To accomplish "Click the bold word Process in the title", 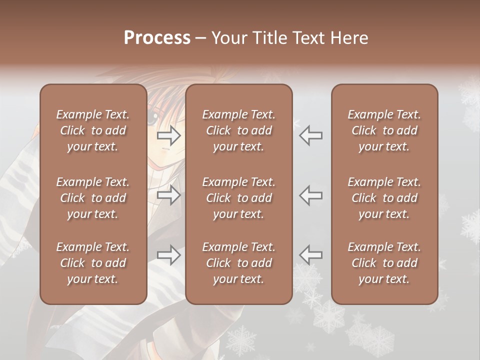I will tap(157, 38).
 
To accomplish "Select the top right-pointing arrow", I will tap(169, 135).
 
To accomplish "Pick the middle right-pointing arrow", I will tap(169, 195).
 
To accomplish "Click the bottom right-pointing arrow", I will tap(169, 255).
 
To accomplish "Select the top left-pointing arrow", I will tap(310, 135).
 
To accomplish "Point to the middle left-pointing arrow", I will tap(310, 195).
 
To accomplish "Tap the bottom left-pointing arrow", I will tap(310, 255).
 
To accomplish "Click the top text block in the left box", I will tap(93, 130).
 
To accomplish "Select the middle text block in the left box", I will tap(93, 198).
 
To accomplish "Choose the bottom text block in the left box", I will tap(93, 263).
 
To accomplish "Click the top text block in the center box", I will tap(239, 130).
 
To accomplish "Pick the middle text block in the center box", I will tap(239, 198).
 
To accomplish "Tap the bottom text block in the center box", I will tap(239, 263).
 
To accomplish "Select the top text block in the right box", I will tap(384, 130).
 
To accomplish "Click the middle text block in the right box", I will tap(384, 198).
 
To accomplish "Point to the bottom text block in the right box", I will tap(384, 263).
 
